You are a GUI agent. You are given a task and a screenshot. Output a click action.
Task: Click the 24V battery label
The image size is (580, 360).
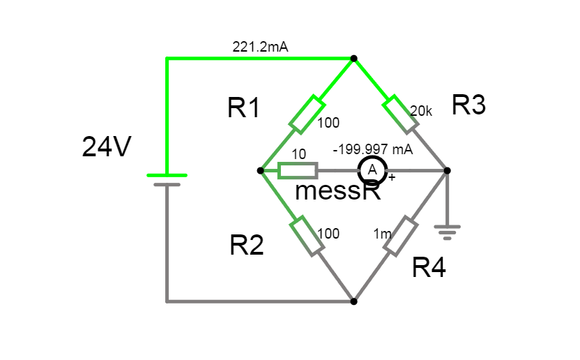point(105,147)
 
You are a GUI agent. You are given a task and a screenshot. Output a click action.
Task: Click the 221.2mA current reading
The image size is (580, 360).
point(260,47)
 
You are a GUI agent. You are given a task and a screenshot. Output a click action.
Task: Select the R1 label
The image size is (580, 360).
point(243,108)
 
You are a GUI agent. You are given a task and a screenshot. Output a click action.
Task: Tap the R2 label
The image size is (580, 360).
point(247,245)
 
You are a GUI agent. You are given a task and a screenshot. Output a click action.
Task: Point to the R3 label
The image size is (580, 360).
point(468,105)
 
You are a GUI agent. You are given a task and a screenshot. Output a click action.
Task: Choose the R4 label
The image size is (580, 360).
point(429,267)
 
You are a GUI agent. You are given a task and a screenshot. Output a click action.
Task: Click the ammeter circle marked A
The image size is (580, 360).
point(372,170)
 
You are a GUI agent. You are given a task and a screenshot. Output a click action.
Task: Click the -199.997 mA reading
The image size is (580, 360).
point(373,149)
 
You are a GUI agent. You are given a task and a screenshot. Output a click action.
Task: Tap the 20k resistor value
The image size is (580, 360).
point(420,111)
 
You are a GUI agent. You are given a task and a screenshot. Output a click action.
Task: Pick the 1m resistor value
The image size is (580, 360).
point(382,234)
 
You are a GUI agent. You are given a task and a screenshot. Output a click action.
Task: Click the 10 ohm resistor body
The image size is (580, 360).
point(298,170)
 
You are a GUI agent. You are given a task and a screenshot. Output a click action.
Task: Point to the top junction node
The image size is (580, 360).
point(353,59)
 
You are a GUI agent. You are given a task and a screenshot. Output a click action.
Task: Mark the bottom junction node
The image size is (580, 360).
point(353,301)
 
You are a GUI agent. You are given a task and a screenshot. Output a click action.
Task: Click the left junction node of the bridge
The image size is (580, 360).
point(260,170)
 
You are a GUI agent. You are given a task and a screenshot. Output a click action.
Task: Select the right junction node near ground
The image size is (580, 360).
point(447,170)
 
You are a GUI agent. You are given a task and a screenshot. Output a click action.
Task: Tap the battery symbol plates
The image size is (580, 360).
point(167,179)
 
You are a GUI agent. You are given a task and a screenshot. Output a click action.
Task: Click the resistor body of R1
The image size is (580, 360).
point(307,115)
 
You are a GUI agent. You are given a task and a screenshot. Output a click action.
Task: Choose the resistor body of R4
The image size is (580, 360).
point(400,236)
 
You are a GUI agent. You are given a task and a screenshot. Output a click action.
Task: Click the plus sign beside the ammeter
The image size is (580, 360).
point(392,178)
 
